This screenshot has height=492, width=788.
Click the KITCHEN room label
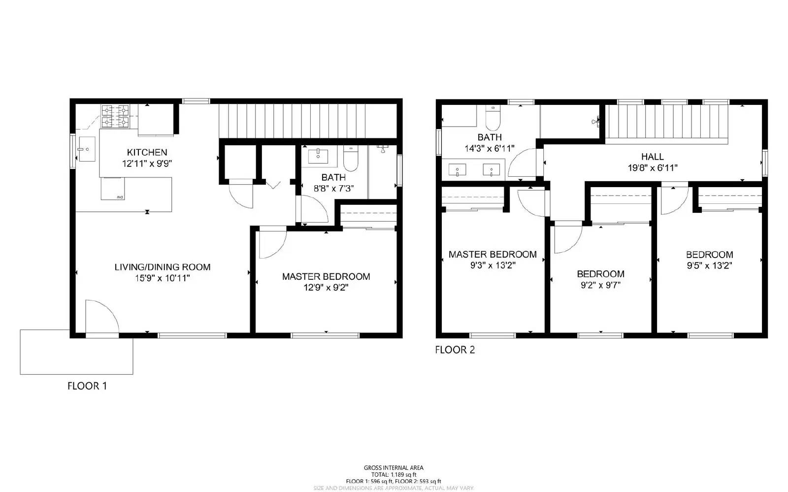147,152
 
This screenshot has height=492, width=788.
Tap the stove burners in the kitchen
115,116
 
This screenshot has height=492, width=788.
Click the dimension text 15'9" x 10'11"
163,278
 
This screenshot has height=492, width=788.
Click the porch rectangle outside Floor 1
76,352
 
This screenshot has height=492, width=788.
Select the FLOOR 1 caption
87,386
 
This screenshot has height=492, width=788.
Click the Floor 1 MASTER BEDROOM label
326,276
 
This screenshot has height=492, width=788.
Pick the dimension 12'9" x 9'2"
326,287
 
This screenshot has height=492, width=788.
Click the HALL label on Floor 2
652,157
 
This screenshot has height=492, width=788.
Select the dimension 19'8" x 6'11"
652,167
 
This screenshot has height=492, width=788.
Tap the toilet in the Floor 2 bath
492,118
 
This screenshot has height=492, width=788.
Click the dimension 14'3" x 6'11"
490,148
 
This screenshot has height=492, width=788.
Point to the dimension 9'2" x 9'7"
600,285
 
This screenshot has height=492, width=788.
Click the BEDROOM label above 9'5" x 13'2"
709,255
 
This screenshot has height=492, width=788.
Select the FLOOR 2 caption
455,350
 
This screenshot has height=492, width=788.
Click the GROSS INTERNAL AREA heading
394,468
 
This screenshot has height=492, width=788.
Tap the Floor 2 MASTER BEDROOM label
492,255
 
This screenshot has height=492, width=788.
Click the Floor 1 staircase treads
308,121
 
